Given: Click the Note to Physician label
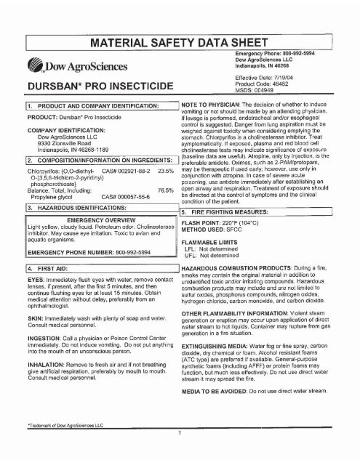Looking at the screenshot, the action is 215,128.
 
